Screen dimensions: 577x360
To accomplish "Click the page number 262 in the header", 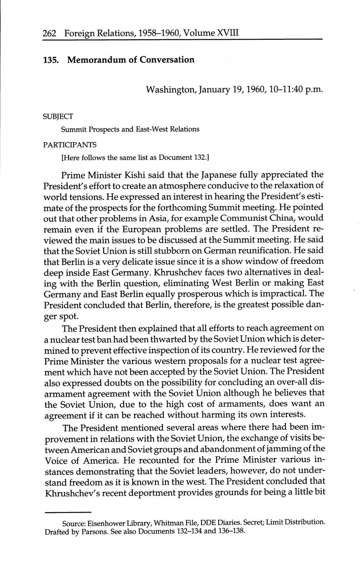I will (50, 33).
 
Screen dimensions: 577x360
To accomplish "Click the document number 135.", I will (51, 60).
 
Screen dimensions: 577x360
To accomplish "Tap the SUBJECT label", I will (58, 117).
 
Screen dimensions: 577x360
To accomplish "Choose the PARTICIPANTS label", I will (70, 145).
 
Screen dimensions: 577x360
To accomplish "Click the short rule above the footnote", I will (68, 512).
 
